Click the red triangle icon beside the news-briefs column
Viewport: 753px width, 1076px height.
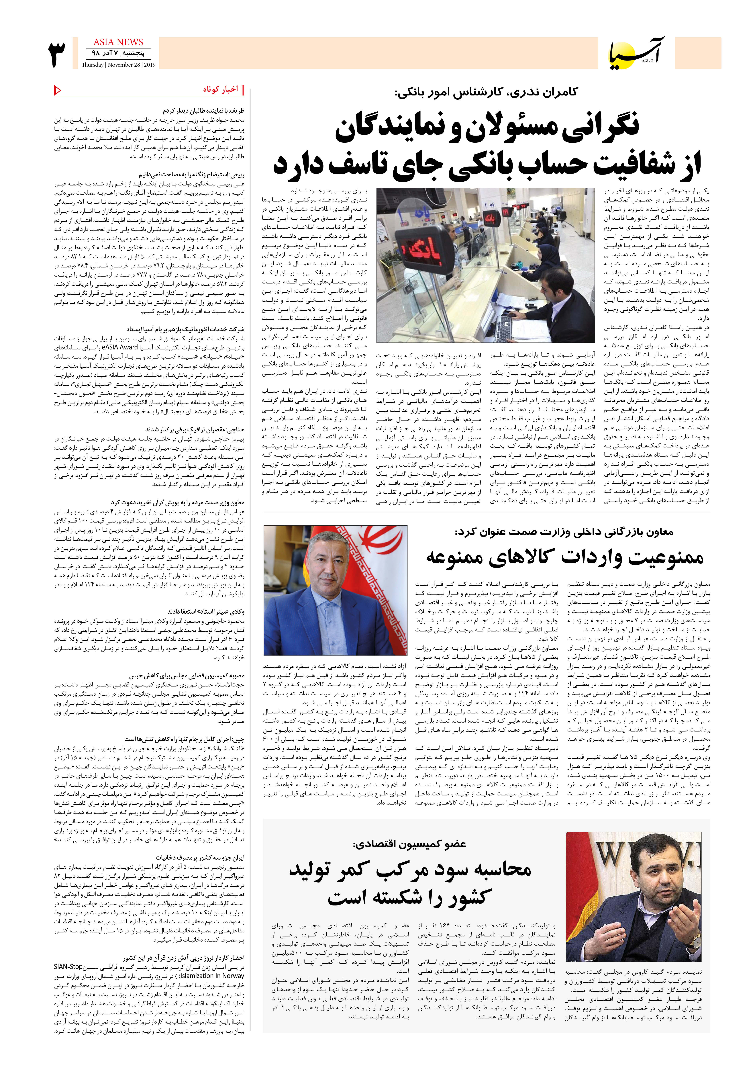(x=58, y=90)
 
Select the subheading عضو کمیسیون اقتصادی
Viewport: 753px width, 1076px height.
(x=409, y=844)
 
